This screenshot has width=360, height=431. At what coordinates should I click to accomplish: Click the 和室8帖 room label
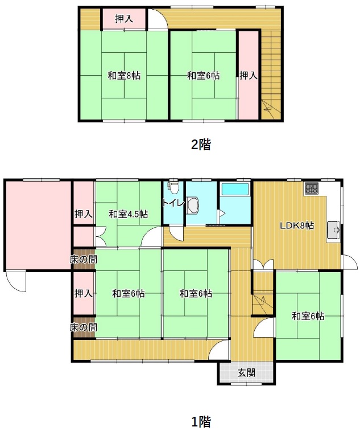124,75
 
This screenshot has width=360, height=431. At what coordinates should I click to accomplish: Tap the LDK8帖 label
297,225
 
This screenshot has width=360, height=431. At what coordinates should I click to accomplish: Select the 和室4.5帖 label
128,214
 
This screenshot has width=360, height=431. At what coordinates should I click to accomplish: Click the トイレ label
173,203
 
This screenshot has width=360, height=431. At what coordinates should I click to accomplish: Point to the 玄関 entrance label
247,373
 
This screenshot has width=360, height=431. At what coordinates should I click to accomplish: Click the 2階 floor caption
201,145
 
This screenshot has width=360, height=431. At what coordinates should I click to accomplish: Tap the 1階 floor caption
201,421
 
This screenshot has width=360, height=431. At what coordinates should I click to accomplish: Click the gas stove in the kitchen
312,188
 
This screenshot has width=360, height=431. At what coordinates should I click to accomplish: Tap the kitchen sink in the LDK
333,230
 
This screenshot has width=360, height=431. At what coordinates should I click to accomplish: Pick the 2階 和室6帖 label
203,75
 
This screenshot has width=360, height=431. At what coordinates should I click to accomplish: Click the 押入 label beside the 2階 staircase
248,75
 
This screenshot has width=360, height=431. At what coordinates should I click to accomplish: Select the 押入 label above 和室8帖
124,18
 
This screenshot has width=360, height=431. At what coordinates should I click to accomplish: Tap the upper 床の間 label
84,259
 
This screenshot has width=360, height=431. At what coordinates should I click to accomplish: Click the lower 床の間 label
84,327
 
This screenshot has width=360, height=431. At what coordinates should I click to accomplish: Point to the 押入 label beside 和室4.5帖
84,214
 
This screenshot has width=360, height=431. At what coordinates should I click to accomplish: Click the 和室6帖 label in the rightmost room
308,316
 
